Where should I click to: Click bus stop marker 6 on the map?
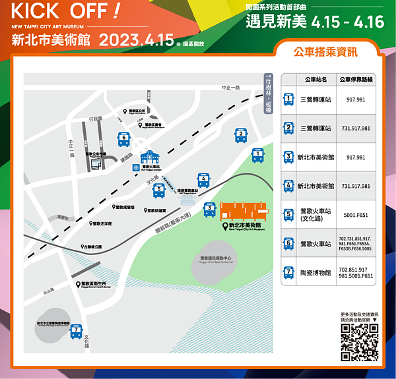pos(123,139)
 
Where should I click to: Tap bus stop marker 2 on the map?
pos(241,136)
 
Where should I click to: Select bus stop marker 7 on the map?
pos(77,331)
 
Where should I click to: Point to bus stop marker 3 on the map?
pos(209,210)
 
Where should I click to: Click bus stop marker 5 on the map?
pos(158,190)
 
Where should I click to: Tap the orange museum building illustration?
pos(244,212)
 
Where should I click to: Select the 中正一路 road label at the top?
pos(230,88)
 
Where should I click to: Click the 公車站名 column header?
pos(315,80)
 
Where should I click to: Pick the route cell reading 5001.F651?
pos(356,214)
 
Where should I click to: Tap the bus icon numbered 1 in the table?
pos(288,100)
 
